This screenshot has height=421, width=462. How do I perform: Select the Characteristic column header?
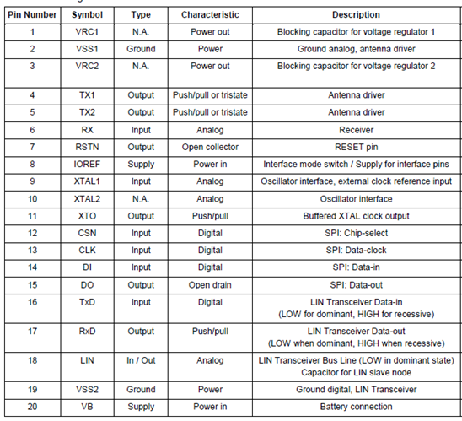coord(210,14)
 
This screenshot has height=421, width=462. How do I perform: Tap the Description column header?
coord(356,14)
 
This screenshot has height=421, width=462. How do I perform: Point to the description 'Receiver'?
coord(356,129)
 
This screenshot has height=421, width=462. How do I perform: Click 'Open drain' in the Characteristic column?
coord(210,285)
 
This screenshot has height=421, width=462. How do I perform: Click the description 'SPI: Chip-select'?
coord(356,233)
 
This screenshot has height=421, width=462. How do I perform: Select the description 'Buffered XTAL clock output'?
coord(356,216)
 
